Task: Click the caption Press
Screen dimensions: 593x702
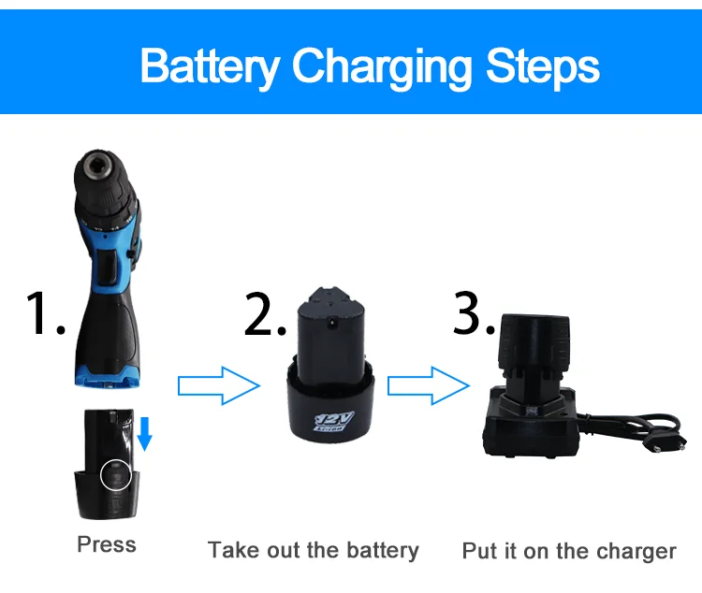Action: coord(107,544)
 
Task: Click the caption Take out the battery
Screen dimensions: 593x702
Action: coord(313,550)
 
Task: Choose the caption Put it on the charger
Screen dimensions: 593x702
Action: coord(569,551)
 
